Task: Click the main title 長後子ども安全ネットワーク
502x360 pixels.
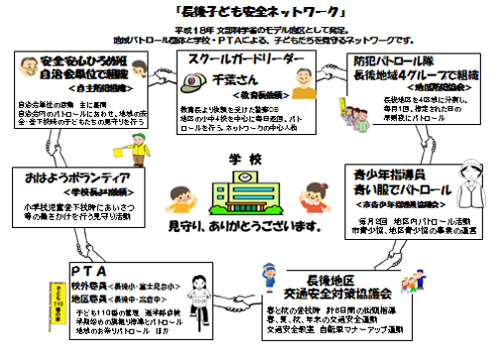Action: [x=251, y=13]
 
